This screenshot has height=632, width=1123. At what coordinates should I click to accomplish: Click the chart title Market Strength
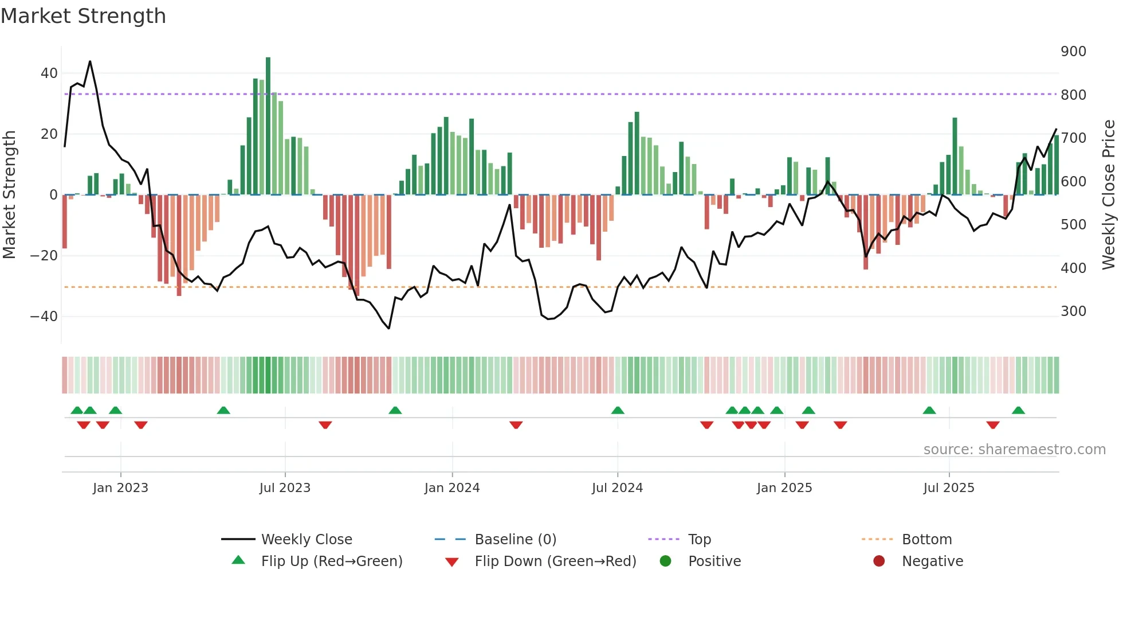[x=83, y=16]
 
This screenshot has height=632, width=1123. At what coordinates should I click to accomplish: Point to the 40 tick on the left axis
[x=49, y=73]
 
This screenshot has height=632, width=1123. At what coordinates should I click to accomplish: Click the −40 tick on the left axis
[x=44, y=317]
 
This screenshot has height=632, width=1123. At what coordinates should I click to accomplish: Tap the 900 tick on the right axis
[x=1073, y=52]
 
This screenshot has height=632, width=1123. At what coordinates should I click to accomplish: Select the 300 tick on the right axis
[x=1073, y=311]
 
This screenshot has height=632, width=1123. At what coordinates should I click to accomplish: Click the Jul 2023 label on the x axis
[x=285, y=488]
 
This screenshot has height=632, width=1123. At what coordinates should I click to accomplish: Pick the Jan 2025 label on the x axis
[x=784, y=488]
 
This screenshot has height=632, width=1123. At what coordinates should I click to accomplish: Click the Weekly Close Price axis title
[x=1109, y=195]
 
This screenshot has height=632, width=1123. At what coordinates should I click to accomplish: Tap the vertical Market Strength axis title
[x=10, y=195]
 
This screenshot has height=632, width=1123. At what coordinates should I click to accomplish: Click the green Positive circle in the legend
[x=665, y=561]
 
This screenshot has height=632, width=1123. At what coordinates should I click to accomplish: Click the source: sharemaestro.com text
[x=1014, y=450]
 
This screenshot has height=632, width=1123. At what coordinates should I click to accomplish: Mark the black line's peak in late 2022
[x=90, y=61]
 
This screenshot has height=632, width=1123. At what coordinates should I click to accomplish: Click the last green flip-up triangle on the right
[x=1018, y=411]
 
